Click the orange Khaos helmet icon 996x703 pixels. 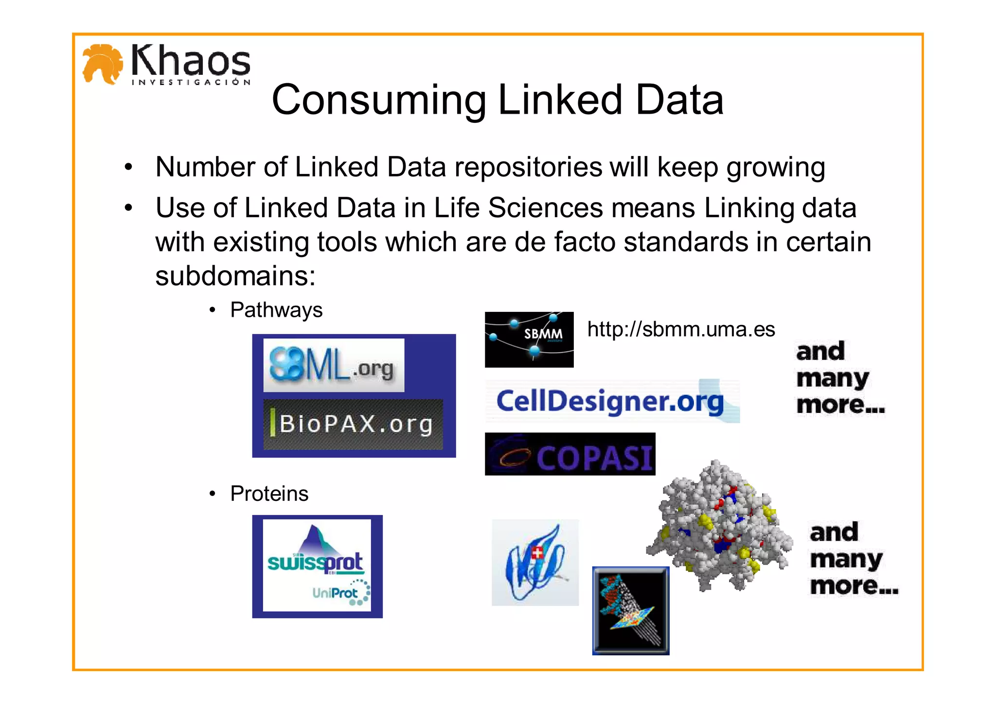click(102, 64)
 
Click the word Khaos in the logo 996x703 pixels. click(191, 61)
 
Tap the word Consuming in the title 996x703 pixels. click(379, 100)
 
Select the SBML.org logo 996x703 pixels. click(333, 365)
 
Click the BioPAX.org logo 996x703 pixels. click(354, 424)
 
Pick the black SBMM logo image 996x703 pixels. click(529, 340)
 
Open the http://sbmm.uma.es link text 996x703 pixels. click(681, 329)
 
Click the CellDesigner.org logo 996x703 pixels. click(611, 402)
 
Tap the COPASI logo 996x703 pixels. click(570, 454)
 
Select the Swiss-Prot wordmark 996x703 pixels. click(315, 562)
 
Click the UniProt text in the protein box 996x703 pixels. click(335, 593)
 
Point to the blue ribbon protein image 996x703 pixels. click(535, 563)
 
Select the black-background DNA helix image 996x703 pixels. click(631, 611)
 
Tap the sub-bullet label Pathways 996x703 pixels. click(276, 310)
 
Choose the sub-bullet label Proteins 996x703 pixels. click(269, 494)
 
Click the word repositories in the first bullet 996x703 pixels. click(528, 167)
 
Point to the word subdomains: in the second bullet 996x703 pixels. click(235, 276)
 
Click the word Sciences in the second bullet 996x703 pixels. click(545, 208)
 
